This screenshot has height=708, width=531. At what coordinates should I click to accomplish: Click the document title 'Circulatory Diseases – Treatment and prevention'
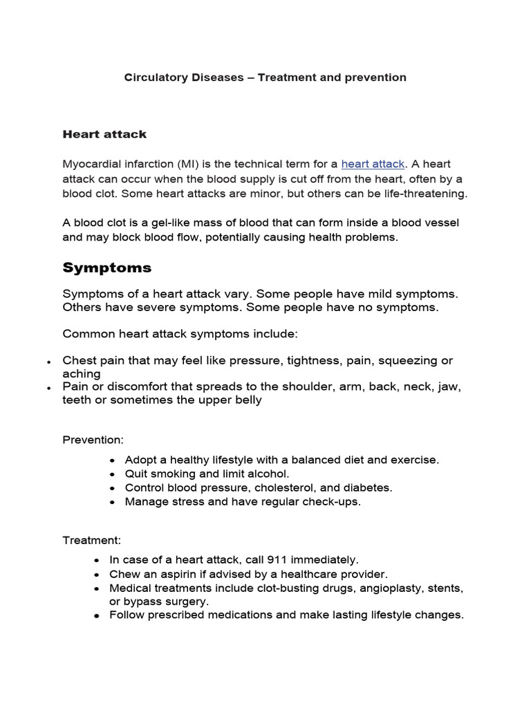click(265, 77)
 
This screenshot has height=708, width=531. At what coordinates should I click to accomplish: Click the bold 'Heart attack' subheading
click(104, 133)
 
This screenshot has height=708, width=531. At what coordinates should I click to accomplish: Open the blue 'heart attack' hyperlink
click(373, 164)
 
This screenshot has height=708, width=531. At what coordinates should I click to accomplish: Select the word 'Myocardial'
click(92, 164)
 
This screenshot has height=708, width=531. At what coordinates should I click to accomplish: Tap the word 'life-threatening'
click(425, 193)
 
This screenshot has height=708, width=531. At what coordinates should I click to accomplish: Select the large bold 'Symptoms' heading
click(107, 268)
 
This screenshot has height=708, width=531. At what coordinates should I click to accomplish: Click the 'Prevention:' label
click(93, 440)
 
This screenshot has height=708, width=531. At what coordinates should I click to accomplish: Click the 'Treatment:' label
click(92, 540)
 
